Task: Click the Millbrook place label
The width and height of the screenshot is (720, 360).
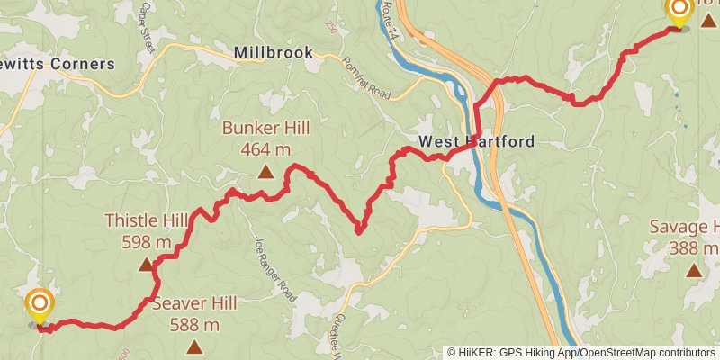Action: tap(273, 53)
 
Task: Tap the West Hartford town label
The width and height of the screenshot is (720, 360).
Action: tap(476, 141)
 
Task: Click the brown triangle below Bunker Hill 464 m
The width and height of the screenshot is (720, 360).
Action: tap(265, 171)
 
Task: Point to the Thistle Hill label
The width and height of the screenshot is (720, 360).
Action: tap(146, 221)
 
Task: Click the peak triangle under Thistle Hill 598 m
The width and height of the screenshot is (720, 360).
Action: tap(146, 265)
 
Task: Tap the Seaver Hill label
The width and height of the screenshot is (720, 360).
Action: tap(194, 303)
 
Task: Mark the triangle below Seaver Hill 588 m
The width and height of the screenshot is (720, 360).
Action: tap(194, 346)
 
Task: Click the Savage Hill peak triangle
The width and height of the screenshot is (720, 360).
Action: tap(694, 269)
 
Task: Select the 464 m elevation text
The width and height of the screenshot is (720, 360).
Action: tap(265, 150)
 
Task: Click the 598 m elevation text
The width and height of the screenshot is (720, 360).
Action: tap(146, 242)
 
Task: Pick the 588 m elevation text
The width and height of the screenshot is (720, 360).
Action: tap(194, 324)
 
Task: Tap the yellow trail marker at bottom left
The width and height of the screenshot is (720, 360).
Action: tap(39, 306)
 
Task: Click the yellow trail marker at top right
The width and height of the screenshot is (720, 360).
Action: tap(679, 12)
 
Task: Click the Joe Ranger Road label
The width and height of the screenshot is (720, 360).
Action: tap(274, 268)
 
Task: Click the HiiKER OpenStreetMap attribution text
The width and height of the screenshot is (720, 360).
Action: tap(581, 353)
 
